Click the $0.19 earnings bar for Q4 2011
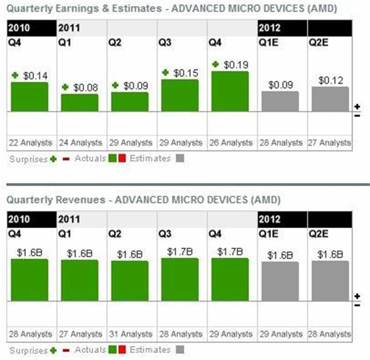point(230,91)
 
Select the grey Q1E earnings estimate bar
point(280,101)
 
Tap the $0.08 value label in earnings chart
point(84,87)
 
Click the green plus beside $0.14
point(15,75)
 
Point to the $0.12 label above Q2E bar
point(330,80)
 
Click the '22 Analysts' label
point(29,142)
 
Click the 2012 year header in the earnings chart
point(270,27)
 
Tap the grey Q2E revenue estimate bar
point(330,278)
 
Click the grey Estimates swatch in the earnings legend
point(180,158)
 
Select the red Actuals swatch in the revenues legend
point(123,350)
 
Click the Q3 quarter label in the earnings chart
point(165,42)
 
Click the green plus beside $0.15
point(165,72)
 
